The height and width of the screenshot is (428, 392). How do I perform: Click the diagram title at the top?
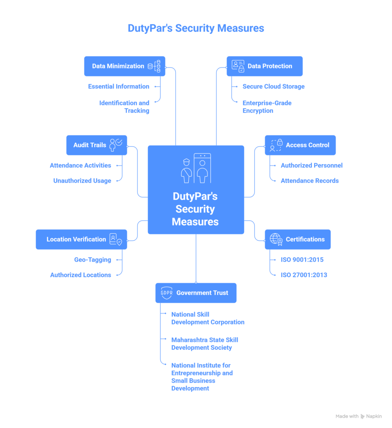(x=195, y=28)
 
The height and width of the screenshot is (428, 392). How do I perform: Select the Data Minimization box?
(x=124, y=66)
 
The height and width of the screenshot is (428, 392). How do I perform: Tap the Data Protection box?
(x=264, y=66)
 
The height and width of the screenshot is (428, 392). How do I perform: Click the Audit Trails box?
(x=96, y=145)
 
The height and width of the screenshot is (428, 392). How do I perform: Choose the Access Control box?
(x=300, y=145)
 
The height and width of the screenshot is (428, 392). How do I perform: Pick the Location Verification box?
(x=81, y=239)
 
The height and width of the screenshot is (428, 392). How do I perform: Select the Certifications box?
(x=297, y=239)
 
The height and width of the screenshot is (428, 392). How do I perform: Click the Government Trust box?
(x=195, y=293)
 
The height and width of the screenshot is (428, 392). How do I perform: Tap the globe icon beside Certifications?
(x=276, y=239)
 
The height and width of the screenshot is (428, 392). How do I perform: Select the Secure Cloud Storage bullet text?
(x=273, y=87)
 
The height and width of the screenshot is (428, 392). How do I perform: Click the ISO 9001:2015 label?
(x=302, y=260)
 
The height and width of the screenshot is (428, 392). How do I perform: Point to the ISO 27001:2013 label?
(x=304, y=275)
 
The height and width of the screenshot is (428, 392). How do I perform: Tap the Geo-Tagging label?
(x=93, y=260)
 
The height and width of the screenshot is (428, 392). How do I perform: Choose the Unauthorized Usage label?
(x=82, y=181)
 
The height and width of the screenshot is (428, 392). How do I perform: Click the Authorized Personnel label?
(x=311, y=166)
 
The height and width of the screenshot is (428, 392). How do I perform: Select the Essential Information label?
(x=119, y=87)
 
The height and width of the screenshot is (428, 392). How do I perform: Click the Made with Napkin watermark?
(x=358, y=416)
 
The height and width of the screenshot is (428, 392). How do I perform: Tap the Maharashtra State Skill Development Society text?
(x=205, y=344)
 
